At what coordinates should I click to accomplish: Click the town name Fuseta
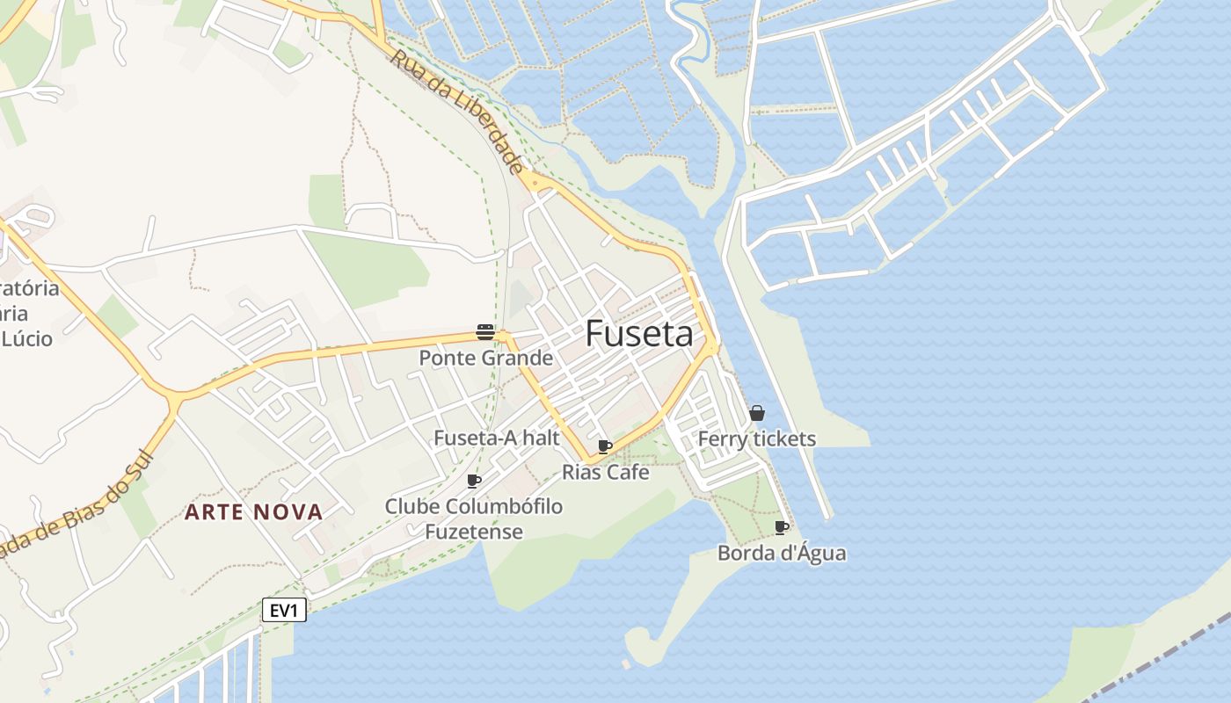click(x=639, y=334)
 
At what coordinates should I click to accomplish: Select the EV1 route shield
click(x=284, y=611)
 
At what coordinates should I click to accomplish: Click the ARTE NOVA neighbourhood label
click(x=253, y=512)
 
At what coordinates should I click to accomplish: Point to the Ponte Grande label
click(x=485, y=358)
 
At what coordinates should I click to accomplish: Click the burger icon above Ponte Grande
click(x=485, y=331)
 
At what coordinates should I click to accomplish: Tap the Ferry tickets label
click(x=757, y=438)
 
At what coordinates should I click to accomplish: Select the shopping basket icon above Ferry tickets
click(x=757, y=413)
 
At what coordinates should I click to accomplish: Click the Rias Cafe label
click(x=606, y=472)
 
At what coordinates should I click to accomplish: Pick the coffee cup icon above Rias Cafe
click(x=605, y=446)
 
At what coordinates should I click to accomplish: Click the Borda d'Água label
click(x=782, y=553)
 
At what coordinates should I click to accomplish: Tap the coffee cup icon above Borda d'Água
click(x=781, y=527)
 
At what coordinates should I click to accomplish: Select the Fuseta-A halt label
click(x=497, y=438)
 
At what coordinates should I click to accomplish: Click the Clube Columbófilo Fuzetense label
click(x=474, y=518)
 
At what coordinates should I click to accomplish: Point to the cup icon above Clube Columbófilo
click(x=474, y=481)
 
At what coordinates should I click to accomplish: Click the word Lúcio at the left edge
click(x=26, y=338)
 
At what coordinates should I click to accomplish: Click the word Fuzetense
click(x=474, y=532)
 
